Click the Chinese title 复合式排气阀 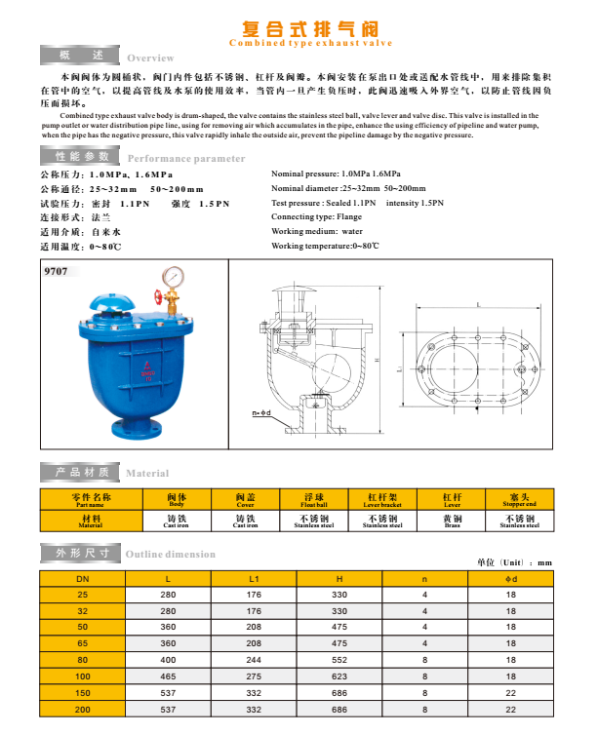(299, 27)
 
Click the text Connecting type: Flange (317, 216)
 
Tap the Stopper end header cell (519, 499)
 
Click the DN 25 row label (82, 594)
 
